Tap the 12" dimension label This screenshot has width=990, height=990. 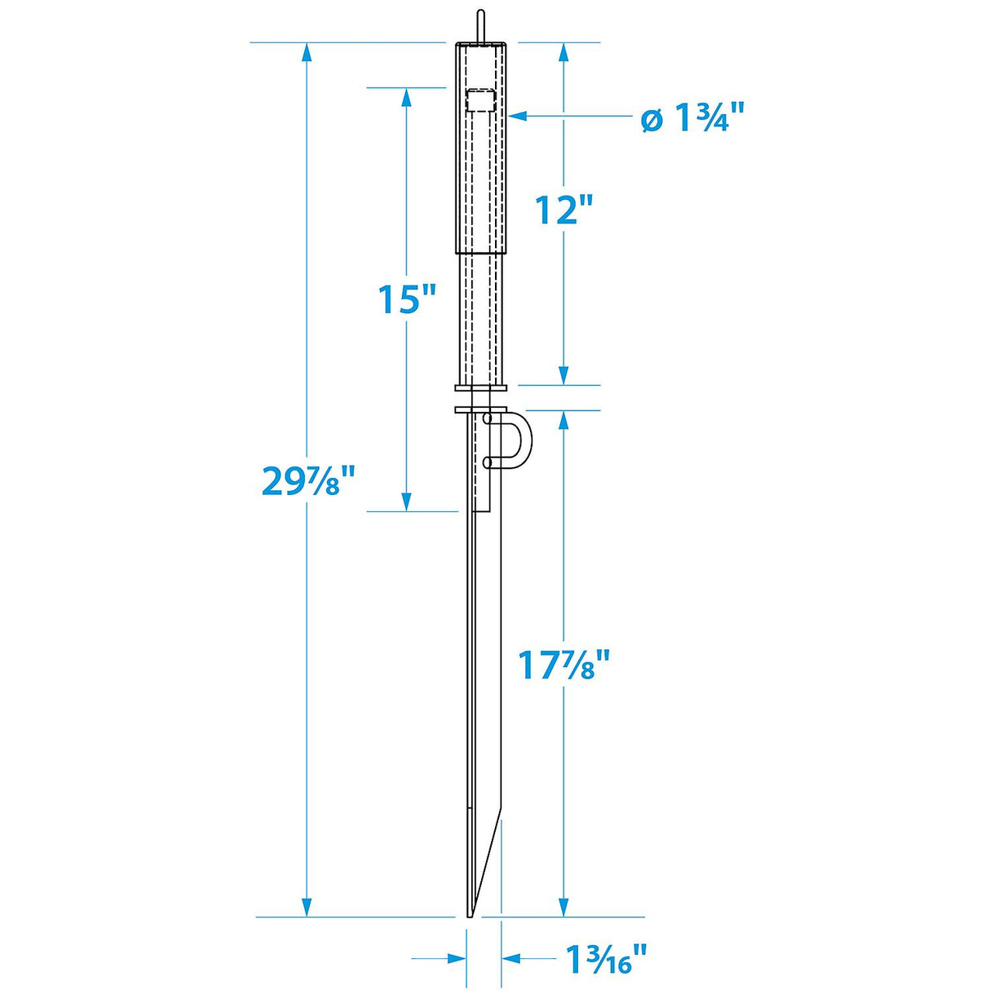[x=563, y=210]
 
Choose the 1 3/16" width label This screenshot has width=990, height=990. [x=607, y=960]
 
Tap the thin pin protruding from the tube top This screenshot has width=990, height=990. [x=481, y=24]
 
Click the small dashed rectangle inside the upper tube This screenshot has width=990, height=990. [x=480, y=101]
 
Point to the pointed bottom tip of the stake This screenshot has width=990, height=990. [x=470, y=914]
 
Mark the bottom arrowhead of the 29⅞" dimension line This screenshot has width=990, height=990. [x=307, y=907]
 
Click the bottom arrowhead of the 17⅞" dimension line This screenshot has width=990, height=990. [x=563, y=907]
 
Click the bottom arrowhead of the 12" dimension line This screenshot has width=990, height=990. [x=563, y=374]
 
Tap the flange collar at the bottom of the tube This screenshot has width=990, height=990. [x=481, y=387]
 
